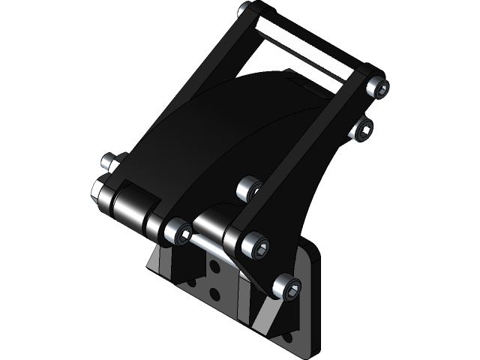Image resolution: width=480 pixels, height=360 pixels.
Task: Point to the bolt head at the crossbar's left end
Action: [x=245, y=10]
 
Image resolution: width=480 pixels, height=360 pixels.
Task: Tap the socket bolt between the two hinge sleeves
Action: [x=178, y=231]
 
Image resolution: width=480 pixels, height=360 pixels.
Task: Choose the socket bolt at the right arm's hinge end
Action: [x=254, y=245]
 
